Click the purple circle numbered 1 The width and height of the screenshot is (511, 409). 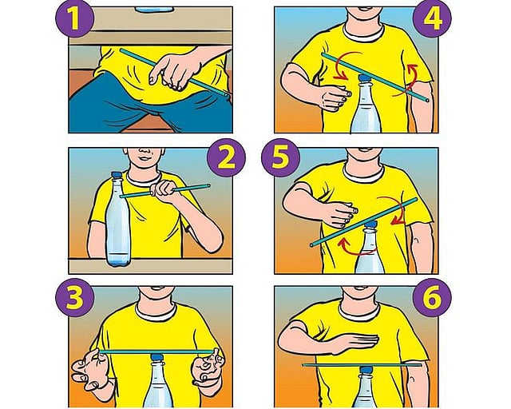[x=74, y=18]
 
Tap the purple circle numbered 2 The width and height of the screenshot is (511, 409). [x=226, y=157]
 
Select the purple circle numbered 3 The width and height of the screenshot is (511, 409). [x=74, y=297]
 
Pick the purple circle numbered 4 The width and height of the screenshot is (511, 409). [x=432, y=18]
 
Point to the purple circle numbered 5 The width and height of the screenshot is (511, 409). [x=280, y=157]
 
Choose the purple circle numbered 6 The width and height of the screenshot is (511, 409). [x=432, y=297]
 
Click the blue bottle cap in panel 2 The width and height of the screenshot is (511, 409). [x=117, y=176]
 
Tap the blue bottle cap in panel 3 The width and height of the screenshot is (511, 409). [x=157, y=357]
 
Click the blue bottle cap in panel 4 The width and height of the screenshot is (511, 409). [x=364, y=78]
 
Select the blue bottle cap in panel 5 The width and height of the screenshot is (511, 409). [x=370, y=224]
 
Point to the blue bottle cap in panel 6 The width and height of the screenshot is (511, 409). [x=366, y=370]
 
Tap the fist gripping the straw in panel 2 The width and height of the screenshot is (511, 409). [x=163, y=189]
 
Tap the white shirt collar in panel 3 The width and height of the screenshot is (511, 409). [x=156, y=312]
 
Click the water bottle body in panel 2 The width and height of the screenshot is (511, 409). [x=118, y=222]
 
